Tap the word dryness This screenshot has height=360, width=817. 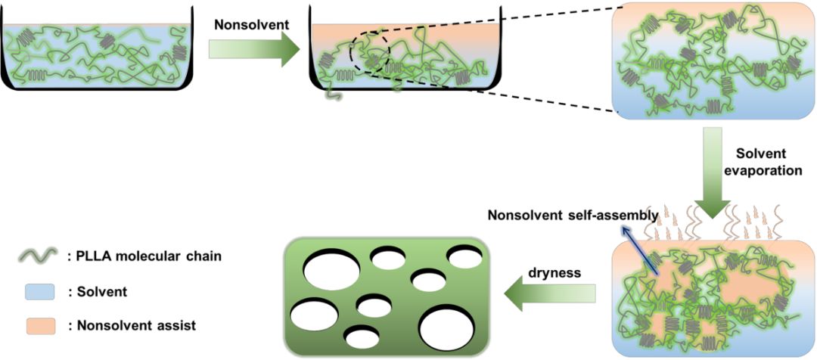tap(555, 272)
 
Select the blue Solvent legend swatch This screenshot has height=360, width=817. tap(42, 290)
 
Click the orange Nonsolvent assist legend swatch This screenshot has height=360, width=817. tap(42, 325)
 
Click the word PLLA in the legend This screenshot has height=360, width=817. tap(94, 256)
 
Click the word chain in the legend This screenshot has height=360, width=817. tap(203, 256)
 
